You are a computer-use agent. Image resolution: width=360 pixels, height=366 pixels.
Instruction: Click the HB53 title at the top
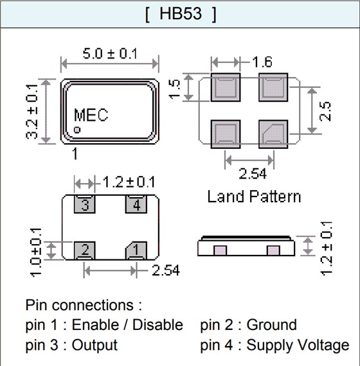click(179, 13)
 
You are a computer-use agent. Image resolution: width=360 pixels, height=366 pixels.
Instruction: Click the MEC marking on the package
click(91, 116)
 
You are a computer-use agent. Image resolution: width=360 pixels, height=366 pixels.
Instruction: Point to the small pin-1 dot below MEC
click(76, 130)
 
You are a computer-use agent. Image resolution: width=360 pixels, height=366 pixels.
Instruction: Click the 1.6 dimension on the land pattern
click(262, 62)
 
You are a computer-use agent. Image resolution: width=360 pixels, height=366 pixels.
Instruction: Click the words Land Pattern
click(253, 196)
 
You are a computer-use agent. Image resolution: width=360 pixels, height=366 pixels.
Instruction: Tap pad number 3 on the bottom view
click(85, 205)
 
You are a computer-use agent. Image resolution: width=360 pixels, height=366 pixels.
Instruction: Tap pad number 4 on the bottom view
click(136, 205)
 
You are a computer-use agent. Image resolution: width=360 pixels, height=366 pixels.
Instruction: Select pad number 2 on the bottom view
click(85, 249)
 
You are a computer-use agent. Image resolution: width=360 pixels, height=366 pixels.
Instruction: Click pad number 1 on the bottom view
click(136, 249)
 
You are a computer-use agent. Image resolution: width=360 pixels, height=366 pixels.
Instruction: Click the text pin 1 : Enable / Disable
click(104, 325)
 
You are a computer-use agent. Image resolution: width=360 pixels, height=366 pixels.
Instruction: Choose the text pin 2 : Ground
click(248, 325)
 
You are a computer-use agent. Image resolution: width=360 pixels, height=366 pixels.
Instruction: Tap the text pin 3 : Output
click(71, 345)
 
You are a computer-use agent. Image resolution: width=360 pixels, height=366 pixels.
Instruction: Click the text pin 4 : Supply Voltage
click(274, 345)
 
